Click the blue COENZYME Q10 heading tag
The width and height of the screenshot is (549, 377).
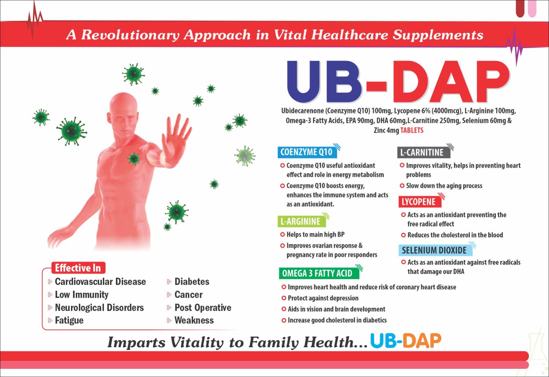tap(307, 152)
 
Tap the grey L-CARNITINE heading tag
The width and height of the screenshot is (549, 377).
tap(424, 152)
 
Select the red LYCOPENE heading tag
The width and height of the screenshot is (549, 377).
tap(420, 202)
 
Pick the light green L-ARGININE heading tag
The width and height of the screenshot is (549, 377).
tap(302, 221)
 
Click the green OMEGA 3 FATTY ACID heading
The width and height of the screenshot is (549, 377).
tap(319, 273)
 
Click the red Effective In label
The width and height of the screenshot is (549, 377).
tap(78, 268)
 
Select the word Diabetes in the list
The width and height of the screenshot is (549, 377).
tap(192, 281)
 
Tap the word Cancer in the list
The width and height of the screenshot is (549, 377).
tap(188, 294)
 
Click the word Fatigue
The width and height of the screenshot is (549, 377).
tap(69, 320)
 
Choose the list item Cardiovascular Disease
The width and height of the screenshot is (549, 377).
tap(100, 281)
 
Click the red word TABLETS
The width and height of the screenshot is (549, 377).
tap(412, 130)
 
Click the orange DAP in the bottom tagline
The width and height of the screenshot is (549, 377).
tap(422, 341)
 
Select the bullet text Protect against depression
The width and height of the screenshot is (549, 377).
tap(323, 298)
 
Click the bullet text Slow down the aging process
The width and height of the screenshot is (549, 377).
tap(444, 186)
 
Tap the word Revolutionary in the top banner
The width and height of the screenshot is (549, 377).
tap(130, 35)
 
